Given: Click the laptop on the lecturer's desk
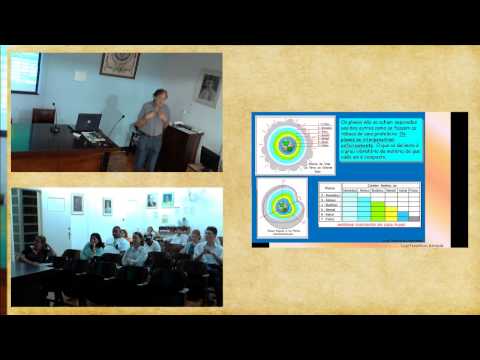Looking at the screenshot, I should point(88,123).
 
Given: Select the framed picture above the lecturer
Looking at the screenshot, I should point(119,66).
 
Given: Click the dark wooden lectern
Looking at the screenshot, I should point(184,146).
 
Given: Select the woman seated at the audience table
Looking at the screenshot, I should point(40,250).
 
